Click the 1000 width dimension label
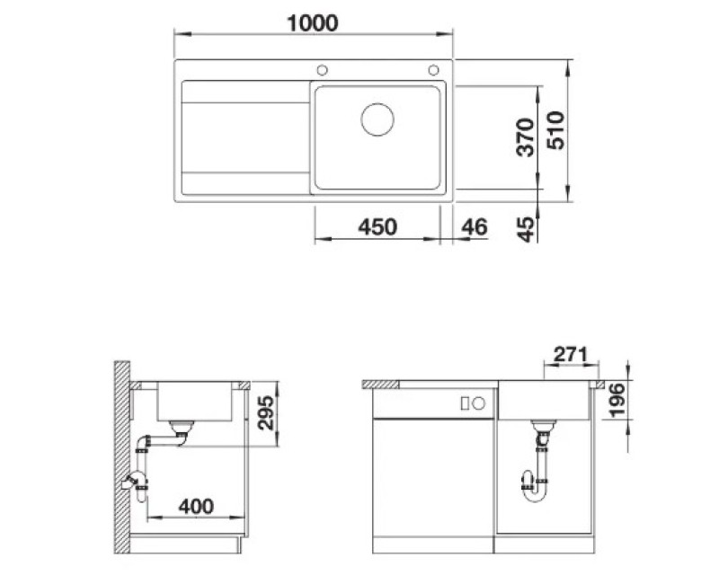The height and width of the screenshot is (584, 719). [312, 23]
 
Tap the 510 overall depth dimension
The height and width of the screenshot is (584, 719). [555, 130]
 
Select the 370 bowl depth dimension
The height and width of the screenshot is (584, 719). [525, 137]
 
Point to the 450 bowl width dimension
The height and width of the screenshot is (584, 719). [377, 227]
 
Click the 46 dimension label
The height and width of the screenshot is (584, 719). [475, 227]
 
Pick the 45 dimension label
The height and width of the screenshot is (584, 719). [526, 229]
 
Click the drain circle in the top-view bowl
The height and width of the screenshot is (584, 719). [377, 119]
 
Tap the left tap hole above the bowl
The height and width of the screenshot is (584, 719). [323, 70]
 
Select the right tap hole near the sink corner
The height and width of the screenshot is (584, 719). [433, 70]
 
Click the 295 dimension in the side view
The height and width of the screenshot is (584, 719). [265, 412]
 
